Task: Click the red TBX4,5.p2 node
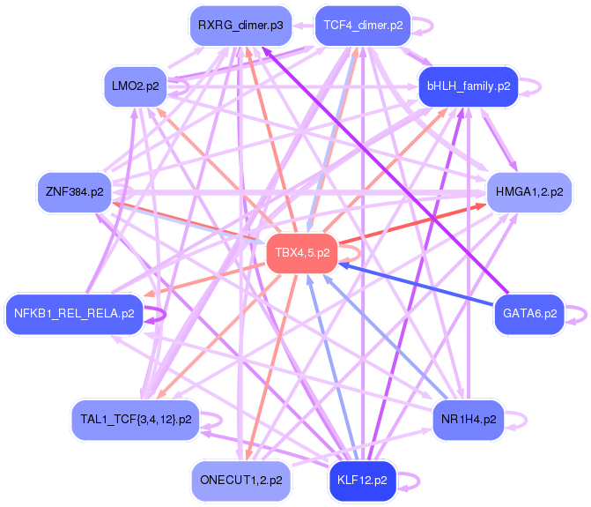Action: tap(302, 253)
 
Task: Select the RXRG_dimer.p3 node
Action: tap(240, 26)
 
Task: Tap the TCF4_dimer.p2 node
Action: tap(363, 26)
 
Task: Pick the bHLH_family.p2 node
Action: tap(468, 86)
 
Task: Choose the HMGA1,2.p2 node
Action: tap(528, 190)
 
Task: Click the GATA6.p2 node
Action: tap(529, 313)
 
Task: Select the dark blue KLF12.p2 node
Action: tap(362, 481)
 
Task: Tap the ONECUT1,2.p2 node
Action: tap(241, 481)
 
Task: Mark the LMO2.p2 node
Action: tap(135, 86)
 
